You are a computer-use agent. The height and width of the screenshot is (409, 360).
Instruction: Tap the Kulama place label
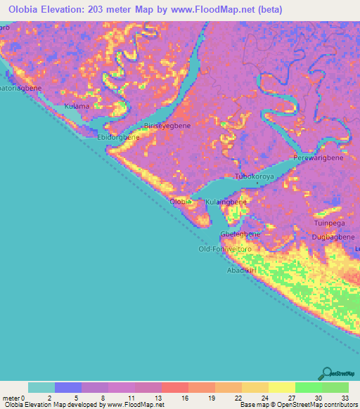(x=77, y=106)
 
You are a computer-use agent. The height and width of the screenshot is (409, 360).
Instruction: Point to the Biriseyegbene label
(x=167, y=126)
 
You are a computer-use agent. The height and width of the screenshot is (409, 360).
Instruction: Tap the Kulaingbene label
(x=226, y=202)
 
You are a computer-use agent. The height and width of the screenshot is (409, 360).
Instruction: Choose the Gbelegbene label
(x=240, y=234)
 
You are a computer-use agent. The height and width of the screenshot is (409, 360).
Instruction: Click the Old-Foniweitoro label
(x=225, y=249)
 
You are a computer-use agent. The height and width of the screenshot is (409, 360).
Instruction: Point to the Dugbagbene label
(x=334, y=238)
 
